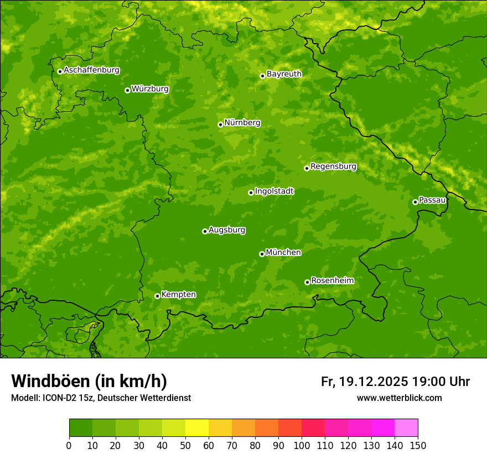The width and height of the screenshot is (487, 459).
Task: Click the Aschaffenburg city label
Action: pos(91,70)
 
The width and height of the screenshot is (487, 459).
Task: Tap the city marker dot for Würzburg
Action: pos(127,90)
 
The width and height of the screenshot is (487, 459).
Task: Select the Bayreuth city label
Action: pos(284,74)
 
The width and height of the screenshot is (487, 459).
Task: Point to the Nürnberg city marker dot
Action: pos(220,124)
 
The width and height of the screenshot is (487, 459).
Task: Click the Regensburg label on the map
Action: pos(333,166)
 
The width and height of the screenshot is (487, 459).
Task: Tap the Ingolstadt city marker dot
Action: pos(251,192)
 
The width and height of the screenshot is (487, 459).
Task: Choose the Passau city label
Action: pos(432,200)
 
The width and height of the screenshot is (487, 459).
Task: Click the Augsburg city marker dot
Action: pos(205,231)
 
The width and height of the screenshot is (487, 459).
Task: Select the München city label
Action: pos(283,253)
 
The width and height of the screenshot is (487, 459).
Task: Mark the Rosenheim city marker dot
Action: pos(307,282)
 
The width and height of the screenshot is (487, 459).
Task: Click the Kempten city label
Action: pos(178,295)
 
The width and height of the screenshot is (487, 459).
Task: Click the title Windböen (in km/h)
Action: pos(89,381)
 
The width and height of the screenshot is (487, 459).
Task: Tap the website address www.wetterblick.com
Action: pos(399,398)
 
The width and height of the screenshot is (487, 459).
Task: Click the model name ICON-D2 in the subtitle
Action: pos(57,398)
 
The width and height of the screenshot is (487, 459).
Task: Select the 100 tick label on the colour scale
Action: pos(302,445)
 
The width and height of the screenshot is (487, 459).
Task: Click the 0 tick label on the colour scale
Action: pos(69,445)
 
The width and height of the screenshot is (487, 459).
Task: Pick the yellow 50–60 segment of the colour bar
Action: pos(197,427)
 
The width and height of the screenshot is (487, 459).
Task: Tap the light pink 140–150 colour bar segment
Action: pos(406,427)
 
